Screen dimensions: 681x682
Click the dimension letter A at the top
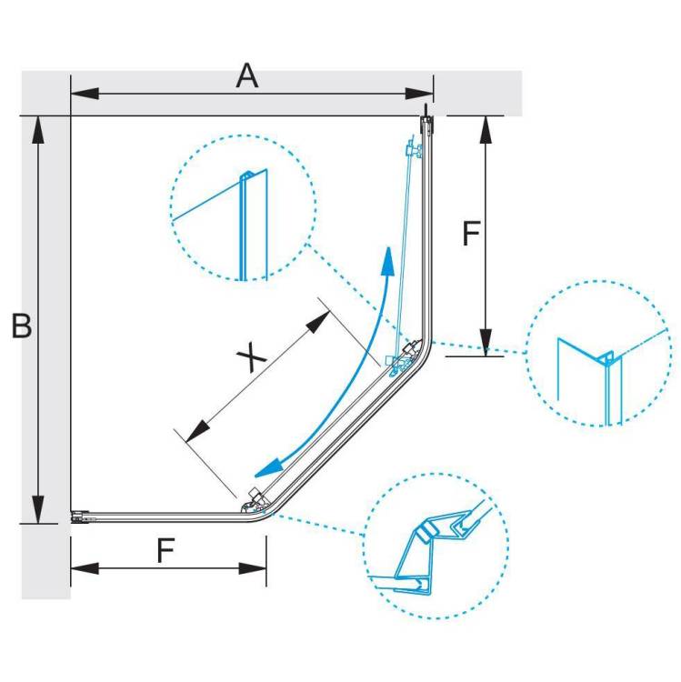(247, 75)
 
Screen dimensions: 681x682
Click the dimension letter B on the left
(22, 325)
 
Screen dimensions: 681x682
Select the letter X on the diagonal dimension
(251, 356)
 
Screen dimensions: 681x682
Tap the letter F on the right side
(471, 233)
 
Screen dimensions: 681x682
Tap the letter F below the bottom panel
(165, 550)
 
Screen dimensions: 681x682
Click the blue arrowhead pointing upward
(386, 261)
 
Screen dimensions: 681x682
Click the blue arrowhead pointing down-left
(268, 468)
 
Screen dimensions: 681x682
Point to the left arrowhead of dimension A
(85, 94)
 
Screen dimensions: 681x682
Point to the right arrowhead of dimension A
(419, 94)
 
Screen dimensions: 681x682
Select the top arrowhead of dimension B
(38, 130)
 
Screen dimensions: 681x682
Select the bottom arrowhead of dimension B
(38, 510)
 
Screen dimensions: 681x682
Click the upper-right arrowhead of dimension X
(318, 322)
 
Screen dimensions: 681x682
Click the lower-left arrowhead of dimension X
(198, 431)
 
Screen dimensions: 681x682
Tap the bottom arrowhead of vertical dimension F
(486, 342)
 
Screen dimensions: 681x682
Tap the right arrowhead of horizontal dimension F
(252, 568)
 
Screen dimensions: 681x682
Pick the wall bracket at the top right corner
(426, 123)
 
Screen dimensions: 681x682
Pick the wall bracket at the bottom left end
(80, 517)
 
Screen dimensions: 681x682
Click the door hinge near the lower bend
(254, 501)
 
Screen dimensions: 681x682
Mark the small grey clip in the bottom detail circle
(427, 532)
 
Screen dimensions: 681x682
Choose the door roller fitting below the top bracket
(414, 150)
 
